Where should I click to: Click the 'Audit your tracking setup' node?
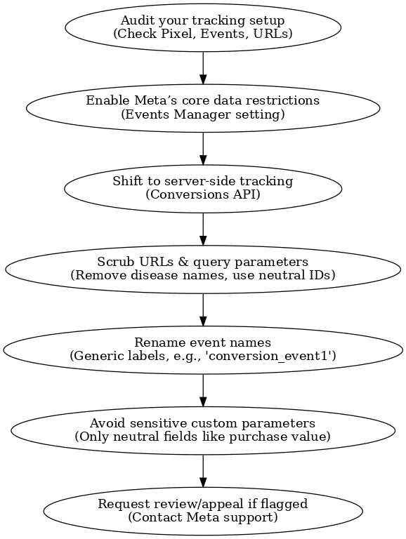pos(203,27)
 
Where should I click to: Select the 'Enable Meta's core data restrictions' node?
pos(203,108)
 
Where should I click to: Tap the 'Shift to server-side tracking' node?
pos(203,188)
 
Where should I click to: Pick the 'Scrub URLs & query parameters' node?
pos(203,269)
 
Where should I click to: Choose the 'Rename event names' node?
pos(203,350)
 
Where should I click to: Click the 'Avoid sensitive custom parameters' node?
pos(203,430)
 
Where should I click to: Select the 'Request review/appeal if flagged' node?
pos(203,511)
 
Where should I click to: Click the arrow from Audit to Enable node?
pos(203,68)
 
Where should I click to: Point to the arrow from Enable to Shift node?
pos(203,149)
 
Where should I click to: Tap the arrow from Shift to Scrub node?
pos(203,229)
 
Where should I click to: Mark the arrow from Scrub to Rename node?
pos(203,310)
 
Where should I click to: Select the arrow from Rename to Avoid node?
pos(203,390)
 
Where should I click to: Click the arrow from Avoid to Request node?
pos(203,471)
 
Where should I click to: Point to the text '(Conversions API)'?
pos(203,195)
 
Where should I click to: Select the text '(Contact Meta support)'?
pos(203,517)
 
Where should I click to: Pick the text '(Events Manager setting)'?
pos(203,114)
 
